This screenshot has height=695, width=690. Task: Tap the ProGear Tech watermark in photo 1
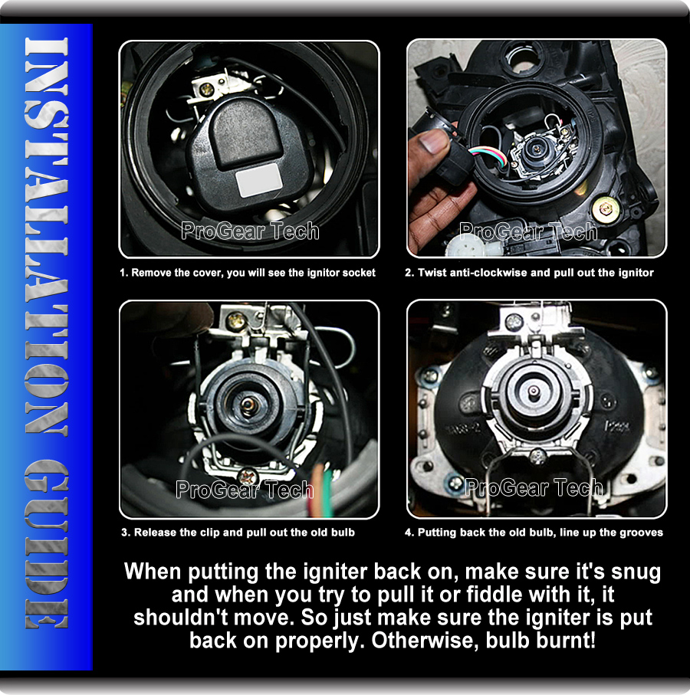[x=249, y=231]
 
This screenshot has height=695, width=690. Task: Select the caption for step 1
[x=248, y=273]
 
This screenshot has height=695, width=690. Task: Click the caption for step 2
[x=536, y=273]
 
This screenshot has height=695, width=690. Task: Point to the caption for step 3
[x=238, y=532]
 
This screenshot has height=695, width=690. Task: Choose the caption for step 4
[x=534, y=532]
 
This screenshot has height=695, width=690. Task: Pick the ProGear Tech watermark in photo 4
[x=534, y=487]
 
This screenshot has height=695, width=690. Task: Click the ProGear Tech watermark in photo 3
[x=245, y=490]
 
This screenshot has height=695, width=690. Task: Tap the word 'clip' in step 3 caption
[x=205, y=532]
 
